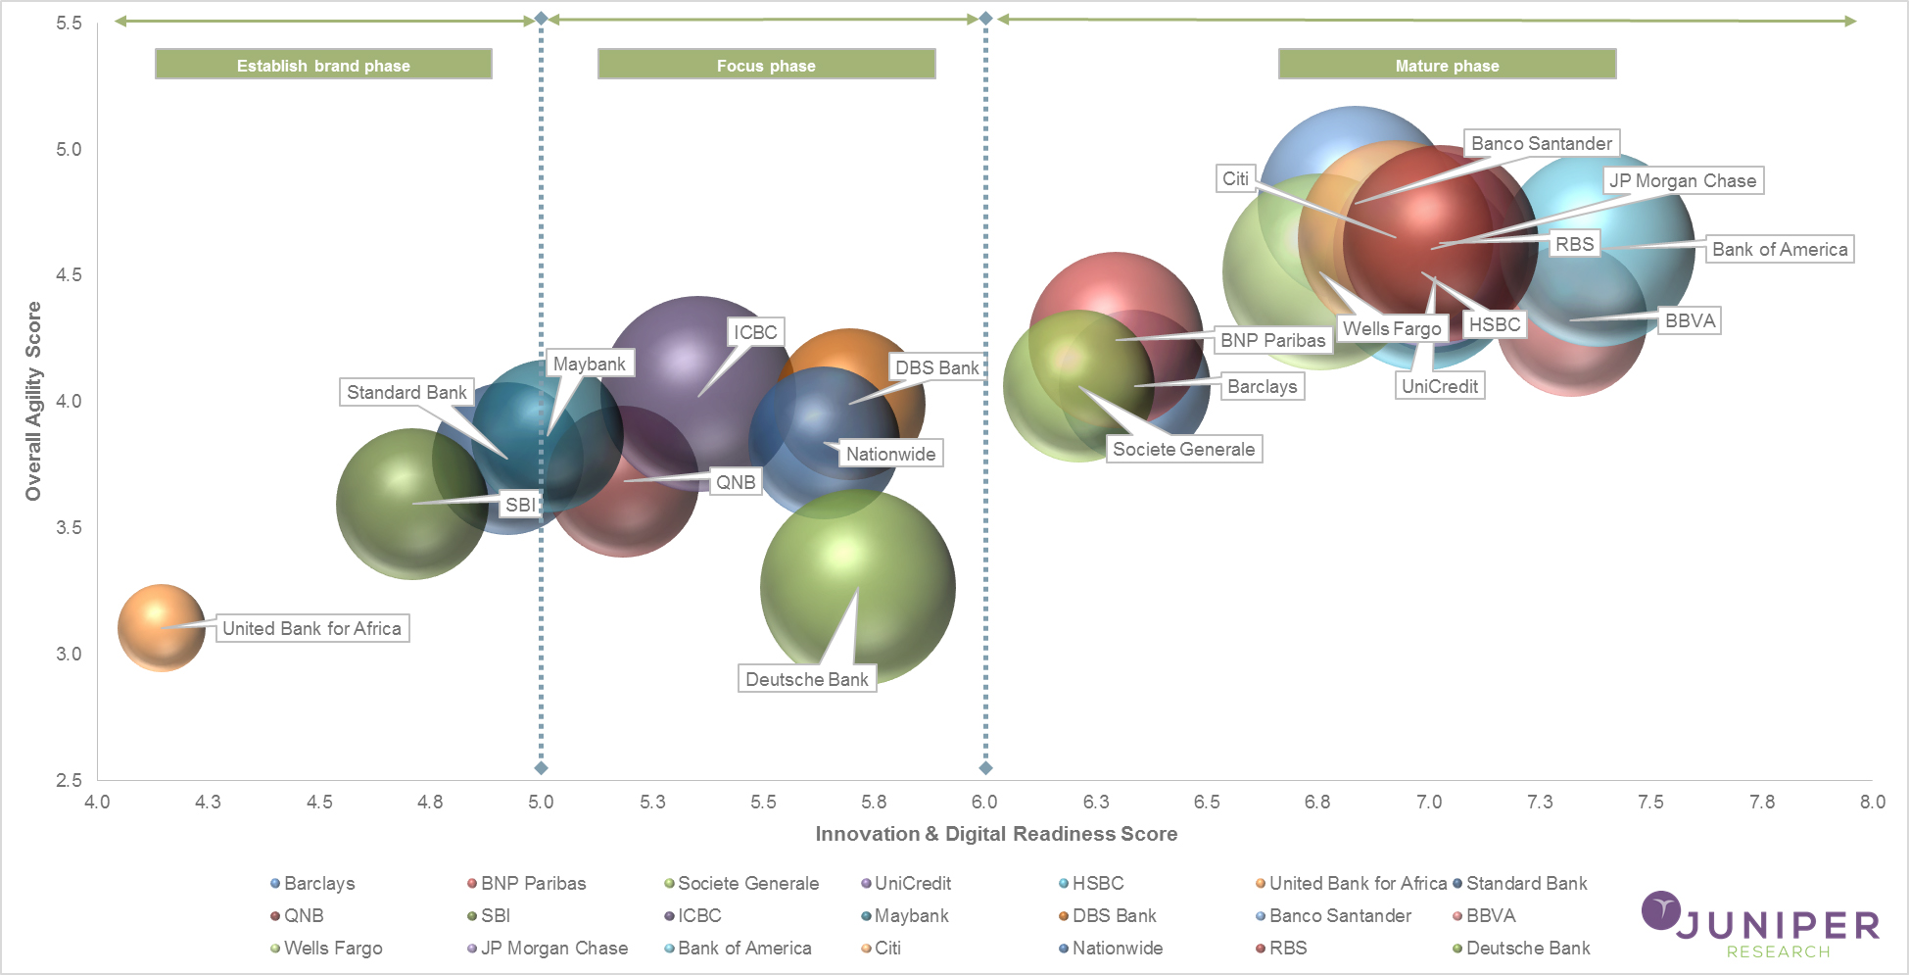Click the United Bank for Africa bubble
(162, 627)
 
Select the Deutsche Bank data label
(806, 679)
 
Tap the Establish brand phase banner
(323, 65)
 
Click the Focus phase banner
(766, 65)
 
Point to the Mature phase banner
(1447, 65)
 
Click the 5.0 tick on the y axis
(69, 149)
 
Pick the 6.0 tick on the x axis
(984, 802)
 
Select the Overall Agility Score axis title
(33, 401)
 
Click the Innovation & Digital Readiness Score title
(996, 834)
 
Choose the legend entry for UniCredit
(911, 883)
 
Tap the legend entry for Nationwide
(1117, 948)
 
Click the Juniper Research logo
(1759, 925)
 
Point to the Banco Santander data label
(1541, 143)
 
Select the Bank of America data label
(1779, 249)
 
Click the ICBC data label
(755, 332)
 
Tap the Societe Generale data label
(1183, 449)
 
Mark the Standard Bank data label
(406, 392)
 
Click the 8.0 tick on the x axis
(1872, 802)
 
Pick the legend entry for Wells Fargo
(332, 948)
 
